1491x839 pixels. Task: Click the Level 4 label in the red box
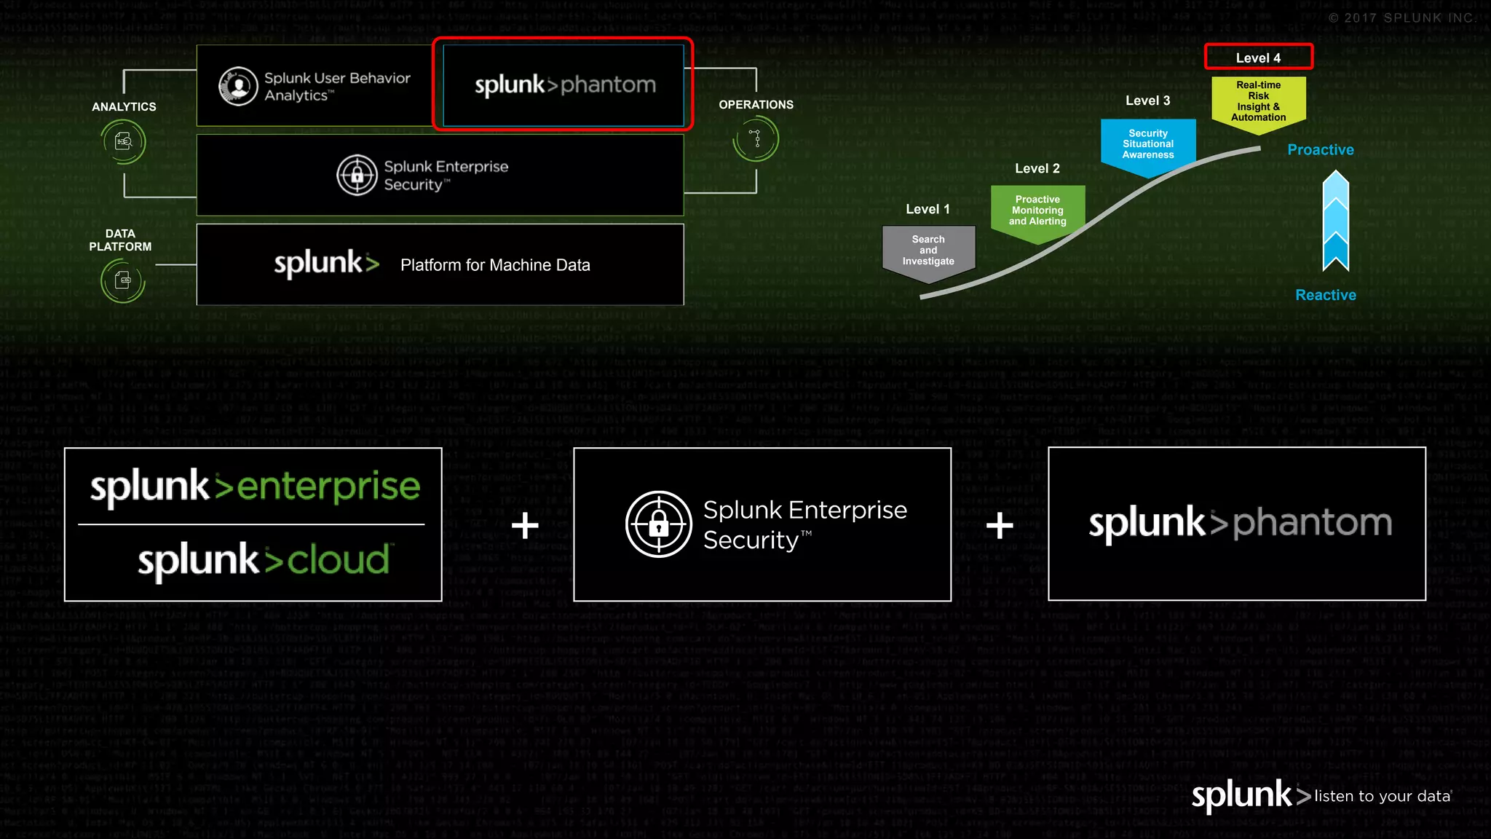(1258, 58)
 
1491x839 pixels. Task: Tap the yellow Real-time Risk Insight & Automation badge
(1258, 102)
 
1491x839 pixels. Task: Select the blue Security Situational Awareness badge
(1147, 144)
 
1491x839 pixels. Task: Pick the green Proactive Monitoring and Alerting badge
(1037, 210)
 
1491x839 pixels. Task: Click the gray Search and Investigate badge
(928, 251)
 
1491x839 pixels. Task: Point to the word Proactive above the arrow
(1320, 149)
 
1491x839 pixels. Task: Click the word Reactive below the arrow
(1325, 295)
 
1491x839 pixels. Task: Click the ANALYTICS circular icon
(124, 141)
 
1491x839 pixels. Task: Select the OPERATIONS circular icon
(756, 138)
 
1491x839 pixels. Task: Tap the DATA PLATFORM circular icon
(122, 280)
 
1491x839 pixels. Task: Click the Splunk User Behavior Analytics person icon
(239, 87)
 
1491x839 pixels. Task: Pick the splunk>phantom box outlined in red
(563, 84)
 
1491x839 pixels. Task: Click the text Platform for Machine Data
(495, 265)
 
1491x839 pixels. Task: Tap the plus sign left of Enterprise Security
(525, 525)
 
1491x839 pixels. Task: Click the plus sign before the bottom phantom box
(1000, 525)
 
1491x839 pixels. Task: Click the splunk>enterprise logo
(255, 487)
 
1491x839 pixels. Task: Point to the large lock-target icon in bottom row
(658, 524)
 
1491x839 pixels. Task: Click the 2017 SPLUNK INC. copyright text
(1401, 18)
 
